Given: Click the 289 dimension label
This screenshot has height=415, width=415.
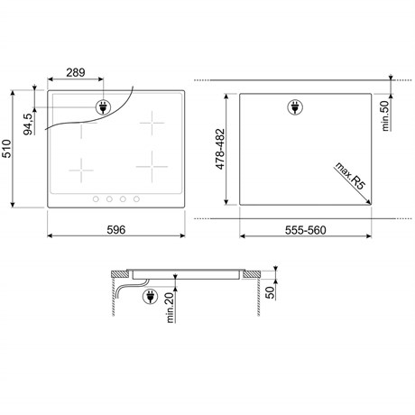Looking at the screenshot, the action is tap(76, 72).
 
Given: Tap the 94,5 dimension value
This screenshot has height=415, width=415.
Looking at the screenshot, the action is tap(28, 124).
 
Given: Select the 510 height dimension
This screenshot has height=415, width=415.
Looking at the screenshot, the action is tap(6, 149).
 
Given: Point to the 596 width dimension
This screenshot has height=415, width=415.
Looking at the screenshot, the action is tap(116, 230).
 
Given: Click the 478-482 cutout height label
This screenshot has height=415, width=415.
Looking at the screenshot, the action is tap(220, 149).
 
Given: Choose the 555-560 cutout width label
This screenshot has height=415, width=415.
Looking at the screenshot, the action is tap(306, 230).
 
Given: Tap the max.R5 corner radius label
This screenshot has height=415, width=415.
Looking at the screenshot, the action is tap(350, 176).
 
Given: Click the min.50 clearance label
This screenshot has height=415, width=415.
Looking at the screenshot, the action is tap(385, 116).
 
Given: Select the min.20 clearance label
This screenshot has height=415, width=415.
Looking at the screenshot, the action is tap(171, 308).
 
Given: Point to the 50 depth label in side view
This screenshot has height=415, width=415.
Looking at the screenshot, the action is tap(271, 292).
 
